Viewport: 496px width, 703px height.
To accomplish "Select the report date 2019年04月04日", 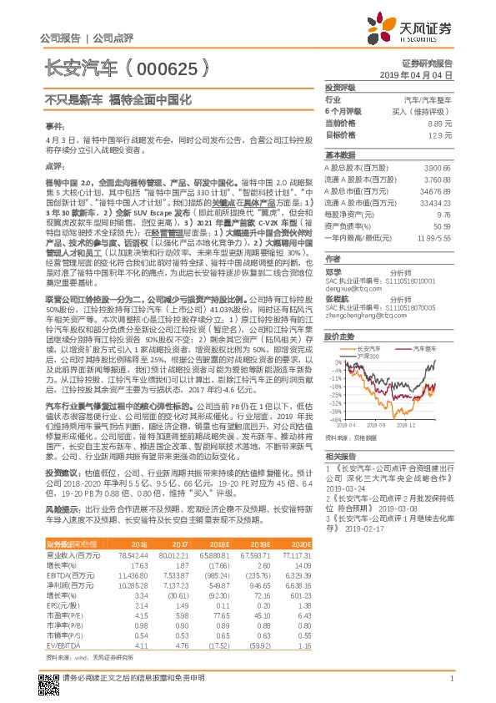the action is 422,75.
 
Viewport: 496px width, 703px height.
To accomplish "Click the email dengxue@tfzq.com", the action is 353,286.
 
